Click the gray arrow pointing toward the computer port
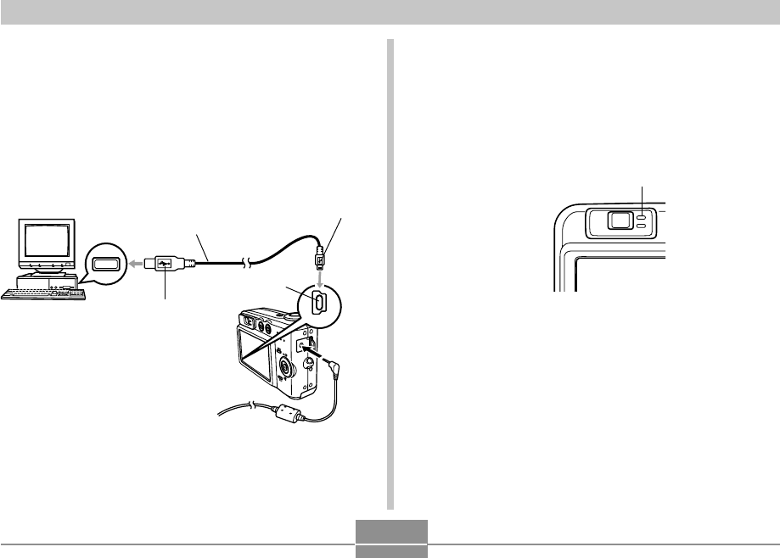tap(136, 264)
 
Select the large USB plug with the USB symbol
tap(166, 264)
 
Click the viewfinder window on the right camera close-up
tap(619, 220)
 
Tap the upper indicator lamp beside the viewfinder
tap(643, 218)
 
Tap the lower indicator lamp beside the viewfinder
tap(643, 227)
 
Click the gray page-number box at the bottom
tap(390, 538)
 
